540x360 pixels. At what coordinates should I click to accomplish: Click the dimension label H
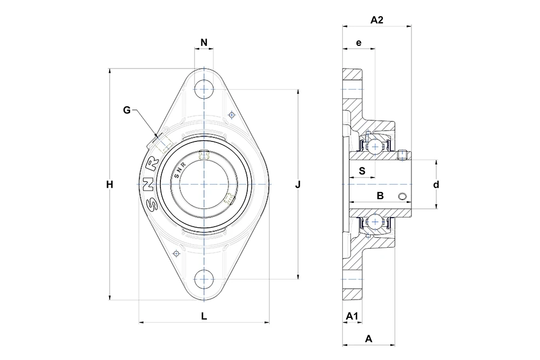pyautogui.click(x=110, y=185)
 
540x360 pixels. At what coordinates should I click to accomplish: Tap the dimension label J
pyautogui.click(x=298, y=185)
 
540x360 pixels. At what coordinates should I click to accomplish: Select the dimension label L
pyautogui.click(x=204, y=316)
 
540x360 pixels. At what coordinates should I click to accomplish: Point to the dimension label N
pyautogui.click(x=204, y=42)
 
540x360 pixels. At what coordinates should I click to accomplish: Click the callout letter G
pyautogui.click(x=127, y=110)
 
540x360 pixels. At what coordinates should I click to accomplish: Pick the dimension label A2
pyautogui.click(x=377, y=20)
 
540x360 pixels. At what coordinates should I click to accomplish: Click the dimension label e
pyautogui.click(x=359, y=43)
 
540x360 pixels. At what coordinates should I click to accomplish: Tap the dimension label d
pyautogui.click(x=436, y=185)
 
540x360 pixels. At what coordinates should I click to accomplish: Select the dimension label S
pyautogui.click(x=362, y=171)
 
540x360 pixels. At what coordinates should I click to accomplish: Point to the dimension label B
pyautogui.click(x=380, y=195)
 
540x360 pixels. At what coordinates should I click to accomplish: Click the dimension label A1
pyautogui.click(x=352, y=316)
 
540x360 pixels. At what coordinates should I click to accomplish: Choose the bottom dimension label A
pyautogui.click(x=368, y=339)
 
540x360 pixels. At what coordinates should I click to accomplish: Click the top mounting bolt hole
pyautogui.click(x=204, y=90)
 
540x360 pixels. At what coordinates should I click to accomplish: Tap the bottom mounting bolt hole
pyautogui.click(x=204, y=279)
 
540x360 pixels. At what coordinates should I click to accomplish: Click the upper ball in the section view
pyautogui.click(x=375, y=147)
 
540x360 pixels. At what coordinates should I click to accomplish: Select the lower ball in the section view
pyautogui.click(x=375, y=222)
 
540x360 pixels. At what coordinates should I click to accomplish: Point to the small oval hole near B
pyautogui.click(x=402, y=196)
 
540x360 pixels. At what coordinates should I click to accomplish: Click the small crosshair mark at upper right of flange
pyautogui.click(x=232, y=114)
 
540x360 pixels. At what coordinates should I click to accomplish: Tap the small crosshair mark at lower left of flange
pyautogui.click(x=177, y=254)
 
